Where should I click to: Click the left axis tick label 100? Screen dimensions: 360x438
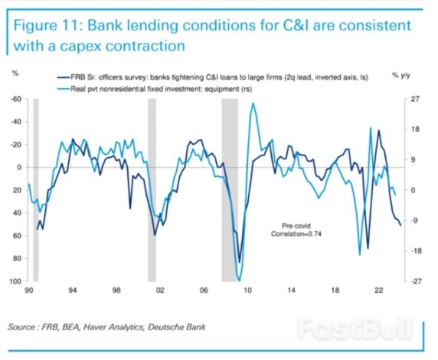point(15,282)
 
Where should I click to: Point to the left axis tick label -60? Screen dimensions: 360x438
point(16,100)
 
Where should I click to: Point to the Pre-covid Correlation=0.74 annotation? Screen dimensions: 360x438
point(295,230)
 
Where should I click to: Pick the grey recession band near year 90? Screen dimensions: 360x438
point(35,190)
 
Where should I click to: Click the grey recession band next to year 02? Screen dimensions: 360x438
point(152,190)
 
